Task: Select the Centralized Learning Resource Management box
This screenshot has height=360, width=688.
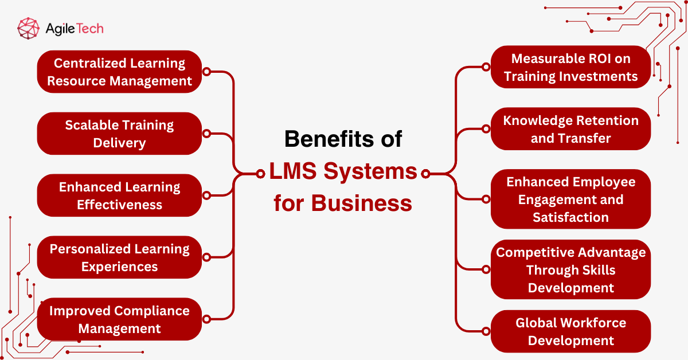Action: [x=119, y=72]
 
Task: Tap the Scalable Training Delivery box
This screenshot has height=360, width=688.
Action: [x=119, y=134]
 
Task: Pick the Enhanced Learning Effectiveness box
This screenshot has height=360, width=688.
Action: [x=119, y=195]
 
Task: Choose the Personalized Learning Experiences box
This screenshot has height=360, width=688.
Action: [x=119, y=257]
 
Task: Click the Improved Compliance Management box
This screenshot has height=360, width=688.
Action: [x=119, y=319]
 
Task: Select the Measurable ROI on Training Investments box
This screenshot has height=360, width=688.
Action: [x=570, y=67]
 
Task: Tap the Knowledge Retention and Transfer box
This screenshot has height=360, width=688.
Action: [x=570, y=129]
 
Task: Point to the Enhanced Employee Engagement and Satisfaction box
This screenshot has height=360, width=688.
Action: [x=570, y=199]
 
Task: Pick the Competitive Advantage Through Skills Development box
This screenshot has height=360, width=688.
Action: [x=570, y=269]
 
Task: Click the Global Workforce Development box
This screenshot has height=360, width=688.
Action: [x=570, y=331]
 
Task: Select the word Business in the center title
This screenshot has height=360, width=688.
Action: [x=362, y=203]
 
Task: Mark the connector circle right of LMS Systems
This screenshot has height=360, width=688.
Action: [x=425, y=173]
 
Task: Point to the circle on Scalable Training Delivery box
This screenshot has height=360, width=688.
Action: [x=206, y=134]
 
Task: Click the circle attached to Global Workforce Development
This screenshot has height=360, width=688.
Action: [x=486, y=331]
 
